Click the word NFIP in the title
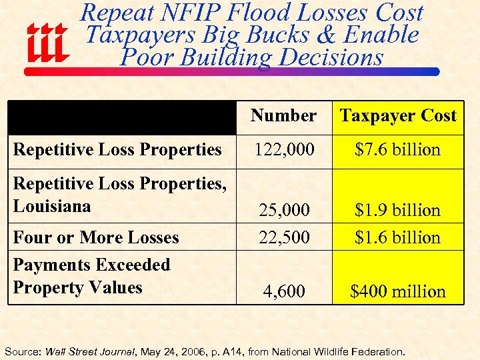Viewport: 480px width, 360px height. pos(203,13)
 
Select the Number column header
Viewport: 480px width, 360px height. pos(283,116)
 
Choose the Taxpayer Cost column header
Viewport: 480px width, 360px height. pos(398,116)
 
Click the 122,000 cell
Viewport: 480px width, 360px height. pos(283,149)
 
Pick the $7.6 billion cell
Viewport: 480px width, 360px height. pos(398,149)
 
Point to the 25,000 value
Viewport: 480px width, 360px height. pos(283,210)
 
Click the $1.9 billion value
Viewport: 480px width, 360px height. pos(398,210)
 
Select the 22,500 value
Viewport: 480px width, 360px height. pos(283,237)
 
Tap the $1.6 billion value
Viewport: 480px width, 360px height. pos(398,237)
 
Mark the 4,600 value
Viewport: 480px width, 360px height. pos(283,291)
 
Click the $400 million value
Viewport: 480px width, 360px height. pos(398,291)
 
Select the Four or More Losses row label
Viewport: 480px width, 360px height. pos(96,237)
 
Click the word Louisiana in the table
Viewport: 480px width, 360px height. pos(52,206)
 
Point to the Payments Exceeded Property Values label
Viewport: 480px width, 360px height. pos(91,276)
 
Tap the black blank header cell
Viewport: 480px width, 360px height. pos(122,117)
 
